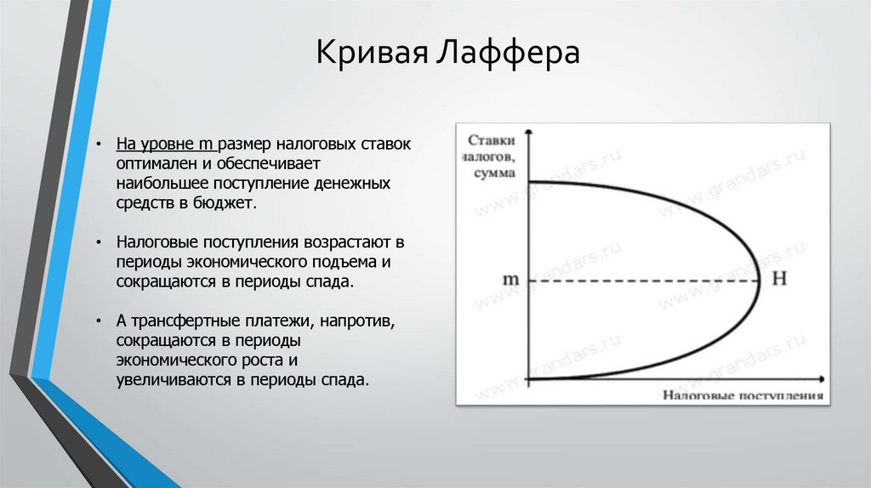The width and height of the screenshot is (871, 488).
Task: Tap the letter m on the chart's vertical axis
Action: coord(510,280)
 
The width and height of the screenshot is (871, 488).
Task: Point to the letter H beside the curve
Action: coord(778,280)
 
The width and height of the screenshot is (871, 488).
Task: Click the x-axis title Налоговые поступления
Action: coord(741,395)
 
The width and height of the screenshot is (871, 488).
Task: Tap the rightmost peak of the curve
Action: coord(759,281)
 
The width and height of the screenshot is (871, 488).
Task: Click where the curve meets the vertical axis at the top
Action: coord(528,183)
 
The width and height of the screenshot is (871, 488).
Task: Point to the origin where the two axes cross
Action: coord(528,378)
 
